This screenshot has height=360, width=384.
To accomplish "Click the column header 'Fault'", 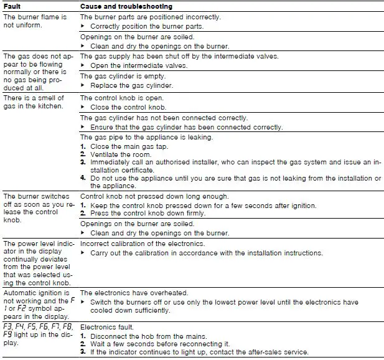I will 12,6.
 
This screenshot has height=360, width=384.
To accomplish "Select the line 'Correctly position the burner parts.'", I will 147,26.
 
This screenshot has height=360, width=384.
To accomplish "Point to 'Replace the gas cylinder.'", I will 131,85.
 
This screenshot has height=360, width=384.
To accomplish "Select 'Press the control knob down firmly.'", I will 148,214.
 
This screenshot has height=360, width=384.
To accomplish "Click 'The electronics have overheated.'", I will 131,293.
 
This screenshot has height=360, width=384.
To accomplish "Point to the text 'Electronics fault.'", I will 107,326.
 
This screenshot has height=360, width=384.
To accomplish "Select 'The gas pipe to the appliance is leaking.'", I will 146,137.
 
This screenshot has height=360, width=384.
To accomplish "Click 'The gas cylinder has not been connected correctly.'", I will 164,118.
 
